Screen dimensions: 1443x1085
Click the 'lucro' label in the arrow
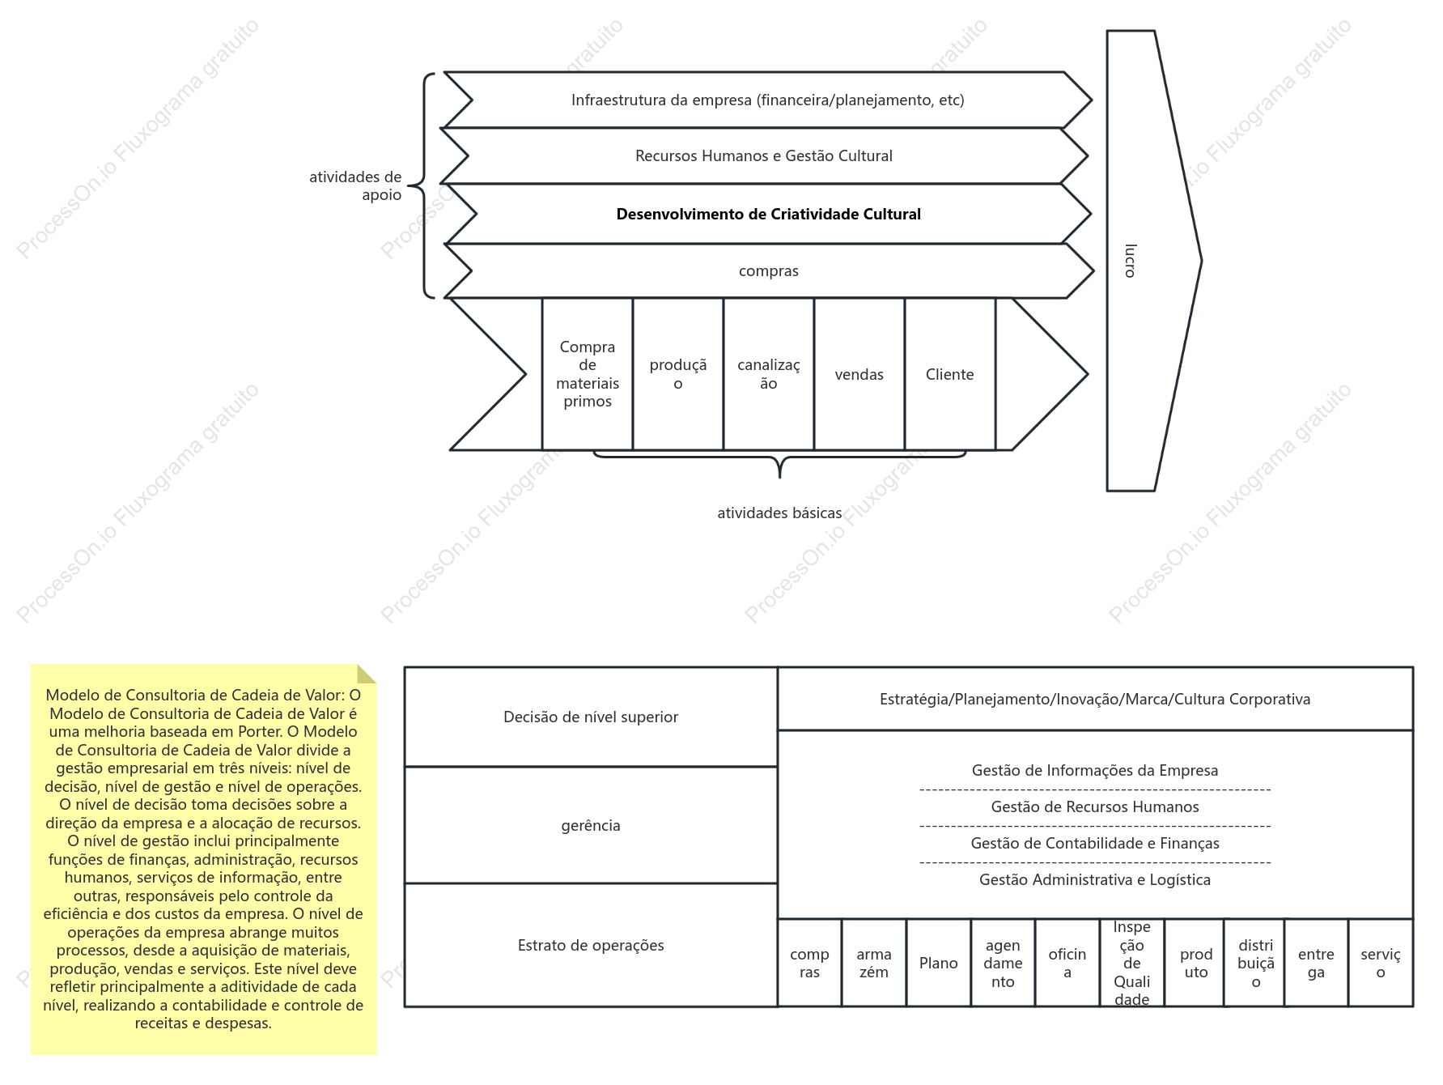[1131, 261]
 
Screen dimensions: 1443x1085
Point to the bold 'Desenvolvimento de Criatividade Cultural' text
[768, 215]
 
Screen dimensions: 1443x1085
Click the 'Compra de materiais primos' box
[588, 374]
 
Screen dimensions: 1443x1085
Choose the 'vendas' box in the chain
[859, 374]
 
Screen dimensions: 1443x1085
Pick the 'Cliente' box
[950, 374]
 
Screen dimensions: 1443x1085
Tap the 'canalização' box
[769, 374]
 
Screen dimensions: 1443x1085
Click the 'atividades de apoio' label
[355, 186]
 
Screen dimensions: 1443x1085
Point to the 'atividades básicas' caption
[779, 513]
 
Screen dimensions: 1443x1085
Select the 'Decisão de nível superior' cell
[591, 717]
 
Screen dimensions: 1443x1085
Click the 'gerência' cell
[591, 825]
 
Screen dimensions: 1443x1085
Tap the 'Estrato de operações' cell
[591, 945]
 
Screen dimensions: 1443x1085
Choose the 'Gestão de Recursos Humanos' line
[1095, 807]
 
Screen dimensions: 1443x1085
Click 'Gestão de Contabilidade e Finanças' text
[1095, 844]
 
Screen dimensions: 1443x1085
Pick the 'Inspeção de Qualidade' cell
[1132, 963]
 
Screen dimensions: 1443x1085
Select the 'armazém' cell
[874, 963]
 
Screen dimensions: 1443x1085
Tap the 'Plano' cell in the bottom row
[939, 963]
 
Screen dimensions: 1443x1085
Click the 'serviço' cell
[1381, 963]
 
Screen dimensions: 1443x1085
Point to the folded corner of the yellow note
[367, 674]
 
